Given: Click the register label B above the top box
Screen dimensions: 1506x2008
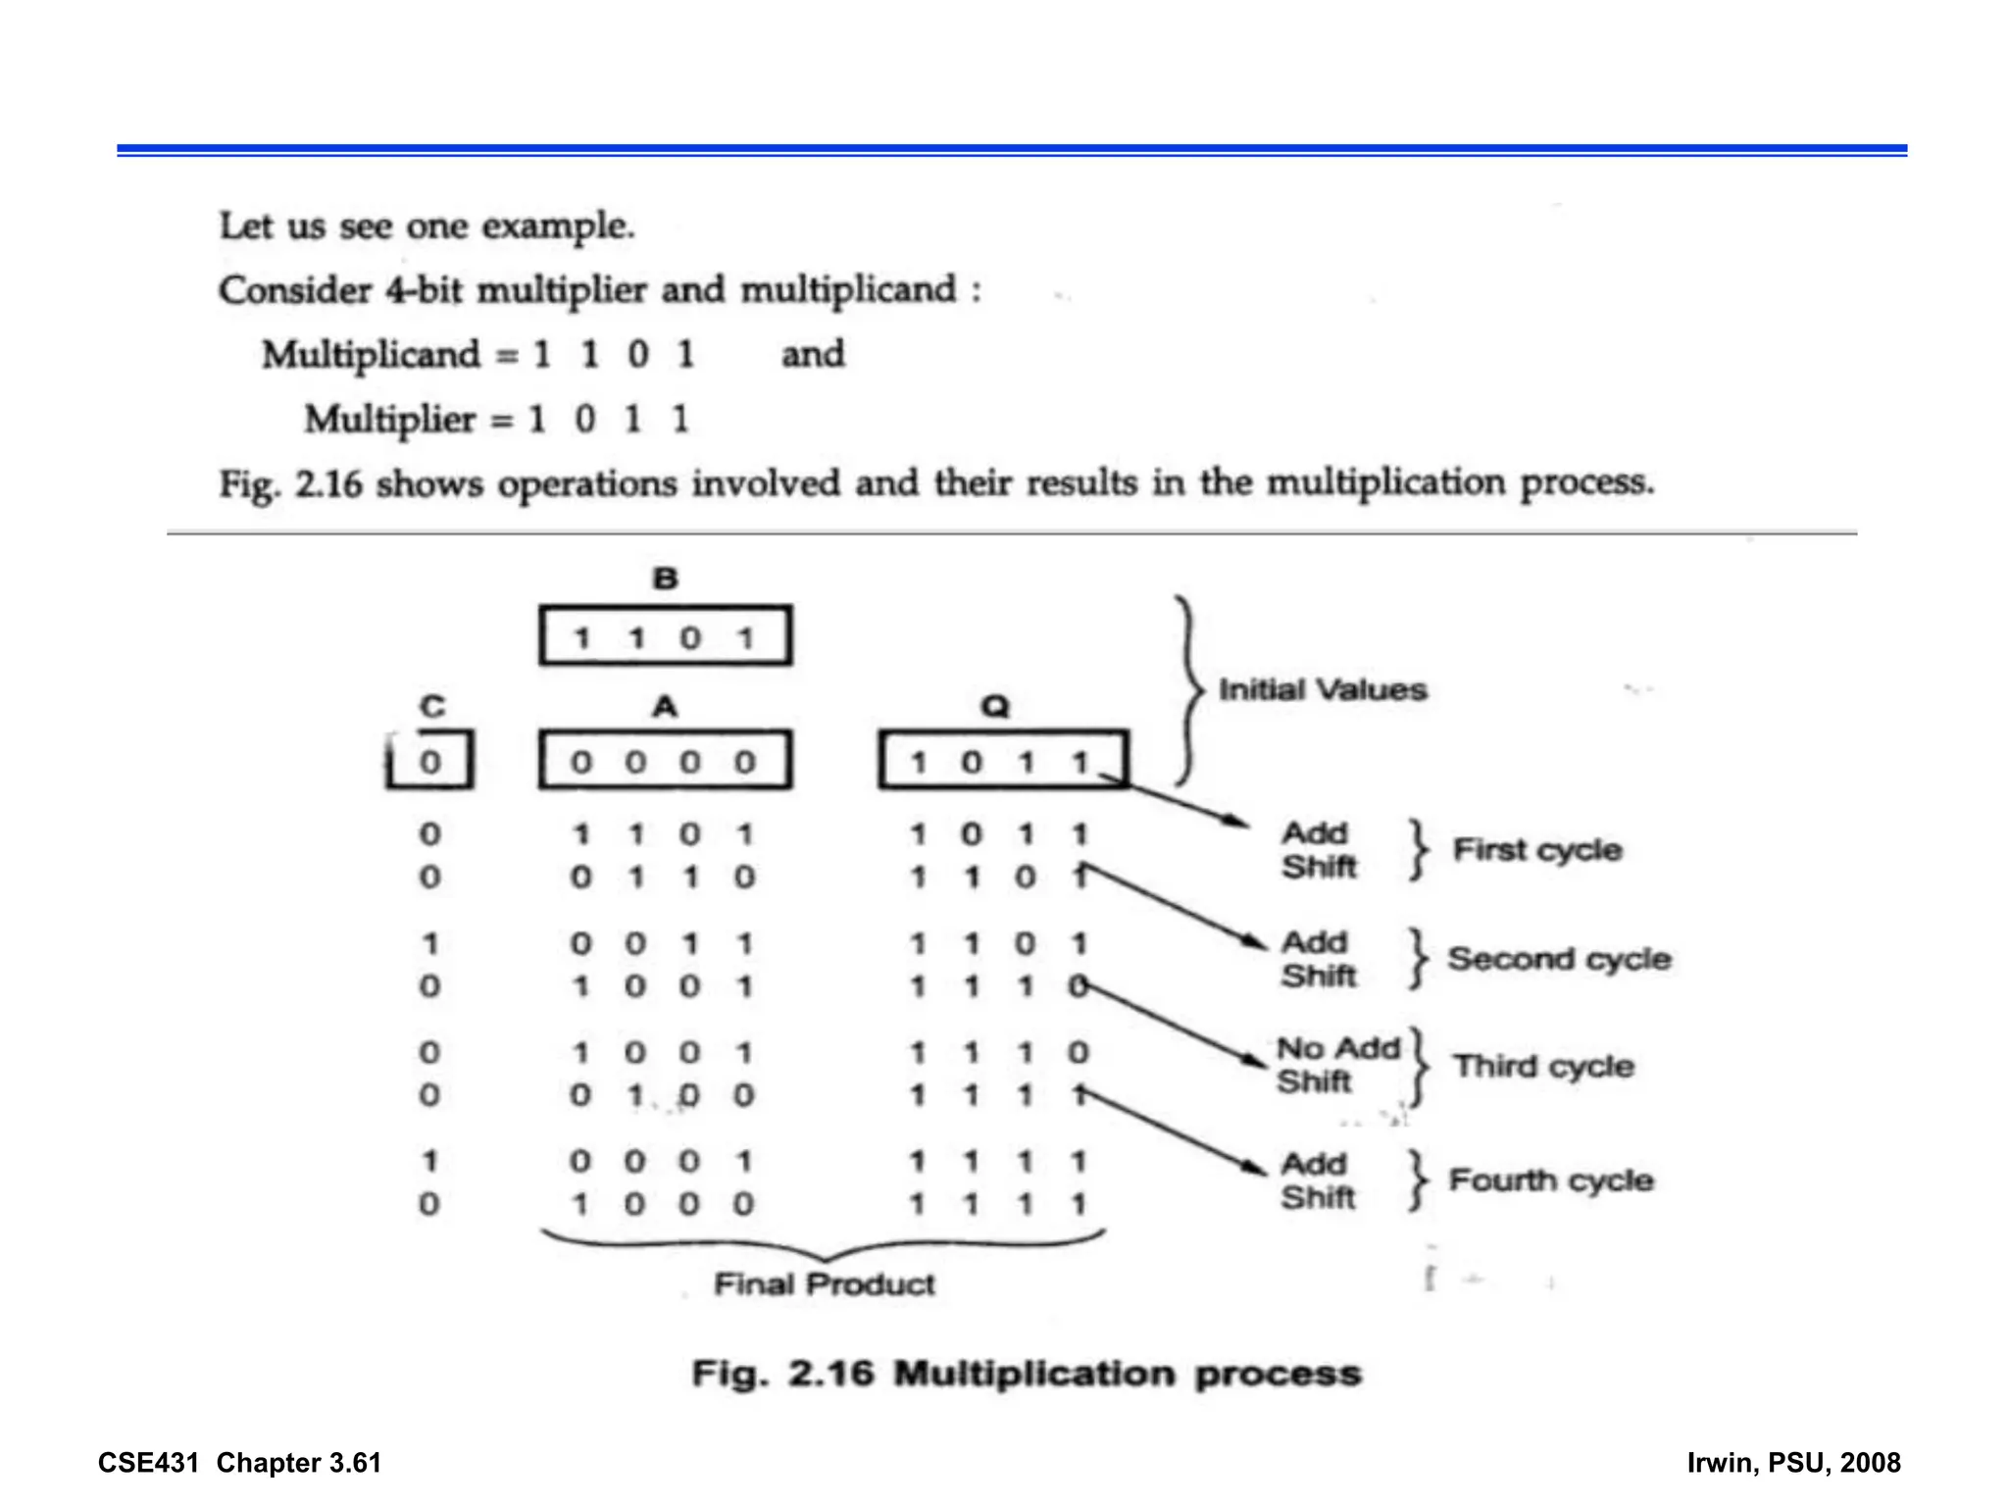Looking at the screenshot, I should pos(665,578).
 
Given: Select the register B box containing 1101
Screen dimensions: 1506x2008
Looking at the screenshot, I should pos(665,636).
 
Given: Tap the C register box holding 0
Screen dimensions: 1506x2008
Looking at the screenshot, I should pos(430,760).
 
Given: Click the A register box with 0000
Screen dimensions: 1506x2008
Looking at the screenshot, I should pos(665,760).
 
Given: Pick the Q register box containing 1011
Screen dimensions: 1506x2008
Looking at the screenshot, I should pos(1002,760).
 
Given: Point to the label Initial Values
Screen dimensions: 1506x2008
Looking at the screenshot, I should pos(1322,689).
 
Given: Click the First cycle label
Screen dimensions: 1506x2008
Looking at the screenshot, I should pos(1536,849).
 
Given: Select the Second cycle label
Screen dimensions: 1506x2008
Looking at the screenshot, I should pos(1559,958).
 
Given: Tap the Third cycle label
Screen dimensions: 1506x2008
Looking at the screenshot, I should pos(1543,1066).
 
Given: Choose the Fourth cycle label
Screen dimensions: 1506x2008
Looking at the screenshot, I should pos(1551,1180).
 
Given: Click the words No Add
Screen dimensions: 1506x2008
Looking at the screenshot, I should pos(1337,1048).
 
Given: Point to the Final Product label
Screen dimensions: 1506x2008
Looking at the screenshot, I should pos(824,1283).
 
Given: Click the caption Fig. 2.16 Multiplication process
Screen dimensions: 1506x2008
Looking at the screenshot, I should pos(1027,1373).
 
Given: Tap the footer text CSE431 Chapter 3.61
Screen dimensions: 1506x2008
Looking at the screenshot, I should pos(239,1463).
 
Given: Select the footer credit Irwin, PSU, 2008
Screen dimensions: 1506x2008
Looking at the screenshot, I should pos(1793,1463).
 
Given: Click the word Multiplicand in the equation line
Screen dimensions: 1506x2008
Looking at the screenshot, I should pos(371,355).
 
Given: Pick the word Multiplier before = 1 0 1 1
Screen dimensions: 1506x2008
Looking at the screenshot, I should pos(389,420).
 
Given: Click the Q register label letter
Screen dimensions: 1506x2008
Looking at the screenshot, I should pos(994,706).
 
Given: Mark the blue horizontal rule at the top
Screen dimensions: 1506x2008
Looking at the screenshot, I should pos(1012,150).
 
